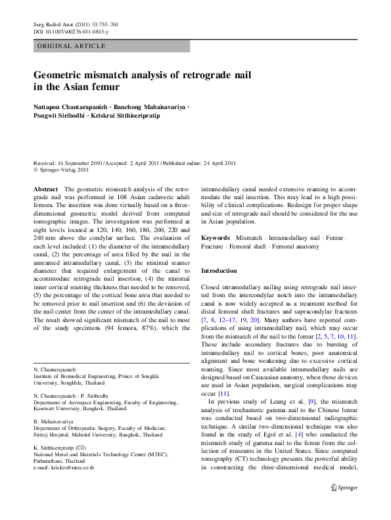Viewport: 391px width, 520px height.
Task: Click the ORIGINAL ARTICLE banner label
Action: (x=72, y=46)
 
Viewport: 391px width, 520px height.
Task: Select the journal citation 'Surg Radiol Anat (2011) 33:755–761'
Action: (x=76, y=24)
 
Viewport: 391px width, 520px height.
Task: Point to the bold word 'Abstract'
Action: (x=46, y=189)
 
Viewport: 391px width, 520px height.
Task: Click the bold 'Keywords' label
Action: (x=215, y=237)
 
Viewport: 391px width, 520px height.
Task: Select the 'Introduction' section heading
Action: (x=219, y=271)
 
